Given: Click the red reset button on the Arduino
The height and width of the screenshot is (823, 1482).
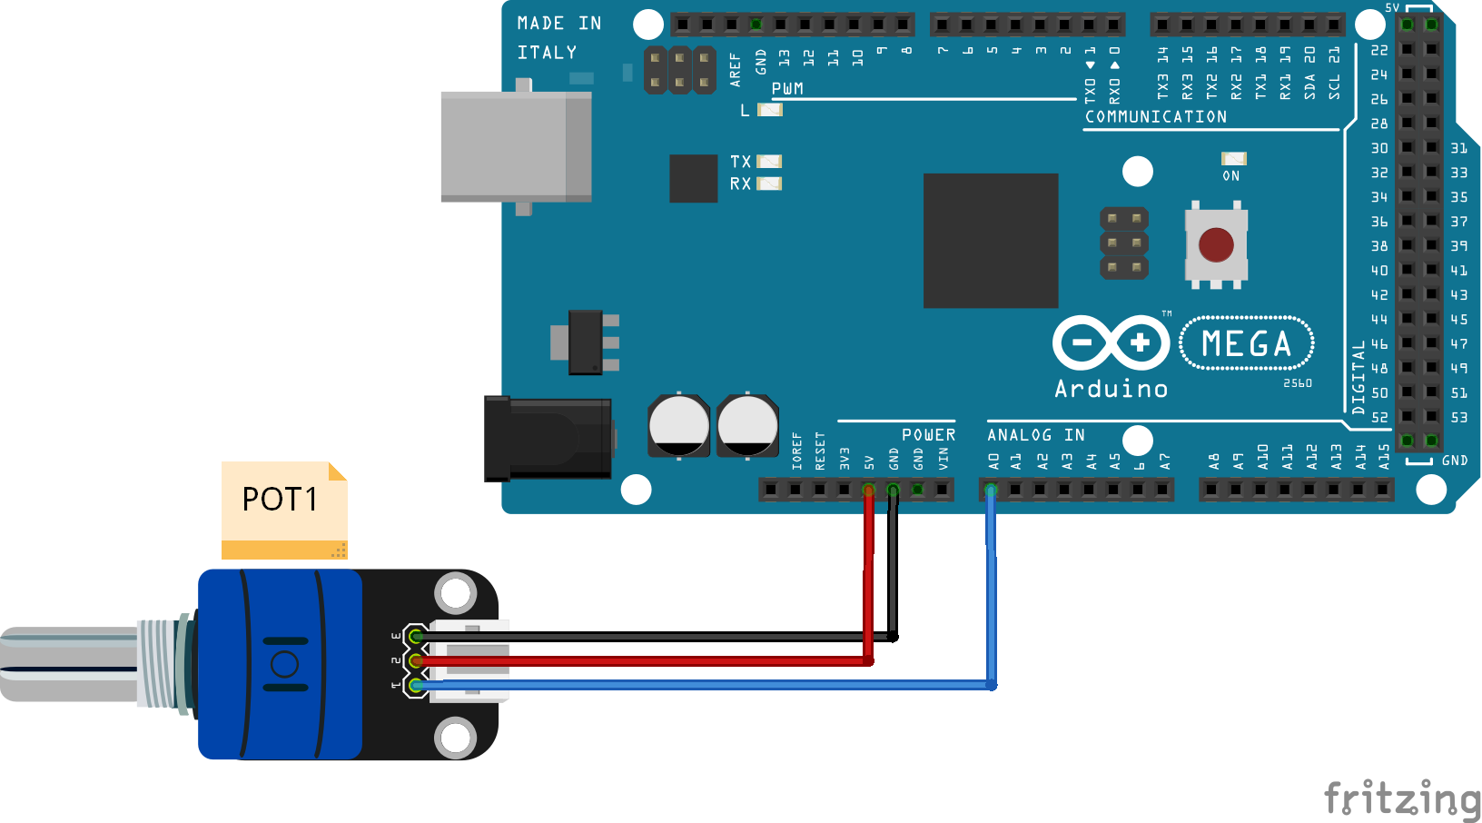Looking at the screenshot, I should [x=1216, y=244].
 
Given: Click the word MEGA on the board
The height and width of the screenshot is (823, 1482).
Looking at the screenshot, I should [x=1246, y=344].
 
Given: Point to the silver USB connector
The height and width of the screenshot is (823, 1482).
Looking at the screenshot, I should [x=515, y=145].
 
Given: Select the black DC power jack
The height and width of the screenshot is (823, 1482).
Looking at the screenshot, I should [x=547, y=438].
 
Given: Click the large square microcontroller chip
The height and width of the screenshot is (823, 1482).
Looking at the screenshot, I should [x=991, y=241].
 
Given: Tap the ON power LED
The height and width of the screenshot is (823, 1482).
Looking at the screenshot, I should [x=1233, y=159].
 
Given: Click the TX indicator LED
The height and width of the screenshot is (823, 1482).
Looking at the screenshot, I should [x=769, y=162].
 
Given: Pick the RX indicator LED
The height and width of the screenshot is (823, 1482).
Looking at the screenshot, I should [x=769, y=183].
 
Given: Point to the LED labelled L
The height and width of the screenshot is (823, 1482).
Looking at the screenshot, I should [x=770, y=110].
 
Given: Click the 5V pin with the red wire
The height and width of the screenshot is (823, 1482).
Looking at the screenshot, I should [x=869, y=491].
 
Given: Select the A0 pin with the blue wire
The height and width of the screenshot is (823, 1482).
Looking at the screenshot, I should [x=991, y=491].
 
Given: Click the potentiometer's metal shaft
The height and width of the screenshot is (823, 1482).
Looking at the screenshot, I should [x=68, y=663].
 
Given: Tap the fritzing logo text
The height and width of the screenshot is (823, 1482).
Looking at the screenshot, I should [x=1401, y=798].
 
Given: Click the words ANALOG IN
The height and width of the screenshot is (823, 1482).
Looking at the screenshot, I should [x=1035, y=435].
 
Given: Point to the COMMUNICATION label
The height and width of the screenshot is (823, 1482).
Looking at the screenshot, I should [x=1155, y=116].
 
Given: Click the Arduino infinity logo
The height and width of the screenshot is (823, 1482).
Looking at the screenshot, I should [x=1111, y=343].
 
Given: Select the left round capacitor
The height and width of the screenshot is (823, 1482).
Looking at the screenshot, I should [x=678, y=425].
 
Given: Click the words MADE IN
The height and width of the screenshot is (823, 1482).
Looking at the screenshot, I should [x=558, y=24].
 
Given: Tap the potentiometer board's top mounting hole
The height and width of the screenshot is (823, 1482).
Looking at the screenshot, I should [x=455, y=594].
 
